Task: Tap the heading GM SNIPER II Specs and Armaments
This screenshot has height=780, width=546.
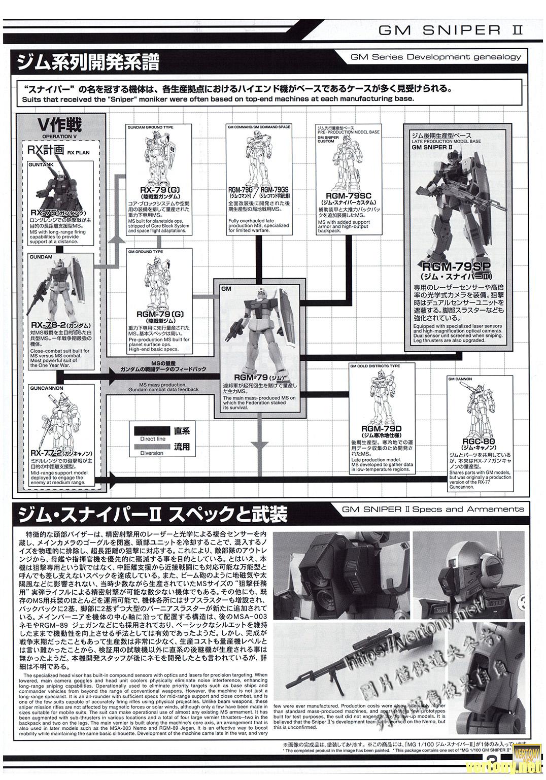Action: point(433,508)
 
